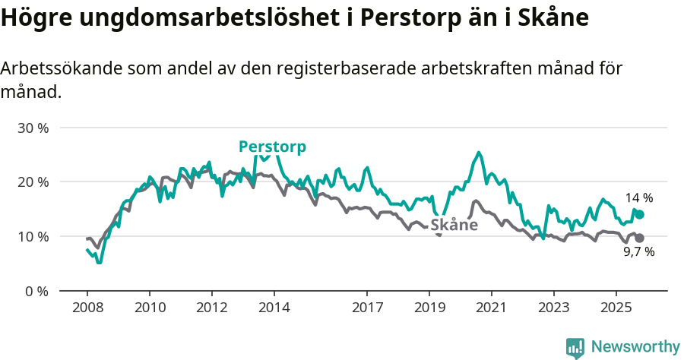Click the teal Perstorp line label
pyautogui.click(x=272, y=147)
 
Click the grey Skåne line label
pyautogui.click(x=454, y=225)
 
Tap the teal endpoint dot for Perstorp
pyautogui.click(x=640, y=215)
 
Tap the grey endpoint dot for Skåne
pyautogui.click(x=640, y=238)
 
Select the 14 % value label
pyautogui.click(x=638, y=198)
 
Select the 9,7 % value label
pyautogui.click(x=638, y=252)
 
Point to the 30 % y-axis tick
pyautogui.click(x=33, y=128)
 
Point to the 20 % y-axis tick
pyautogui.click(x=33, y=182)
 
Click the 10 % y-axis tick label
pyautogui.click(x=33, y=236)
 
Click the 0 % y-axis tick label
pyautogui.click(x=36, y=291)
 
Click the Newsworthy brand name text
pyautogui.click(x=635, y=347)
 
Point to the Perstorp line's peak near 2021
pyautogui.click(x=478, y=153)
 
